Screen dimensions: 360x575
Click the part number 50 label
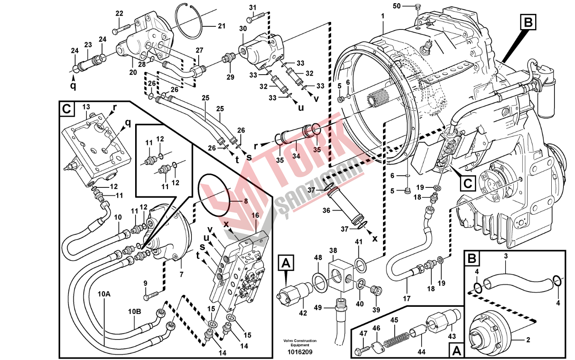(x=397, y=6)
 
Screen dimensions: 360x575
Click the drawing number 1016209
(x=300, y=352)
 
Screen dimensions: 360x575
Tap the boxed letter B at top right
(x=528, y=21)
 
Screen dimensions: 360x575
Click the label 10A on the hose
(x=104, y=294)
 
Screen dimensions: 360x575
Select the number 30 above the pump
(x=243, y=28)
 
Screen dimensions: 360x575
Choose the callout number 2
(x=528, y=340)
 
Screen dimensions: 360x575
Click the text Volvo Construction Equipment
(x=299, y=343)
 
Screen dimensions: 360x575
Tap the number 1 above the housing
(x=383, y=16)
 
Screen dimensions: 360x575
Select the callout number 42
(x=303, y=313)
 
